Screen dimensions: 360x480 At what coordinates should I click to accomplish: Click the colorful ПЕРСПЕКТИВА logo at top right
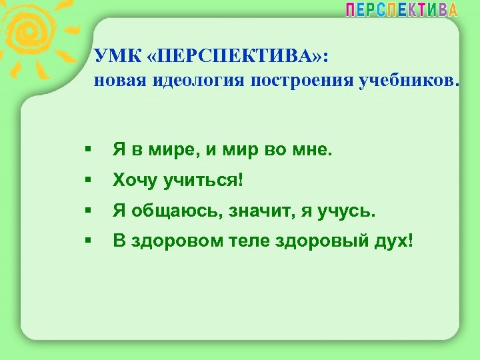(x=401, y=9)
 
